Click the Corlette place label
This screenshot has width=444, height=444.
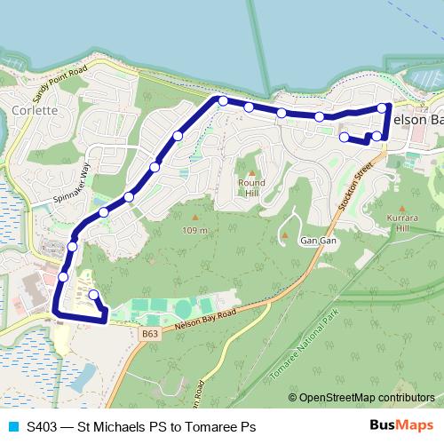tap(36, 111)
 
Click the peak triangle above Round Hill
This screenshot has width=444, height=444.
tap(251, 173)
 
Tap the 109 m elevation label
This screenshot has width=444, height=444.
tap(195, 230)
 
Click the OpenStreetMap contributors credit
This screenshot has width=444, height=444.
tap(361, 399)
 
